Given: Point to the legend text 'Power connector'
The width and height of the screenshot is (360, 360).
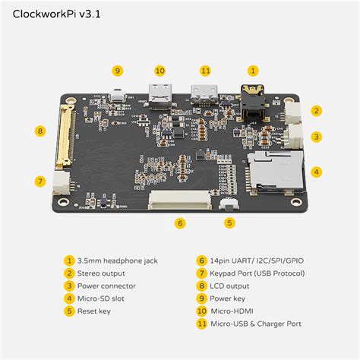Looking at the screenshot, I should point(106,286).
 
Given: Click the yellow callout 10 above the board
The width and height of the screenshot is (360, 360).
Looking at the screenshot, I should point(159,70).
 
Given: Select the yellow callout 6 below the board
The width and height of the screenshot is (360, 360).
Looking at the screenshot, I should point(180,223).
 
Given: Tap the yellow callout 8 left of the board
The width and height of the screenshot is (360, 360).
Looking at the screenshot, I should point(40,131).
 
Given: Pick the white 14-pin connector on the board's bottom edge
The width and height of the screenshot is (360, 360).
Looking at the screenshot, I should point(178,199).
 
